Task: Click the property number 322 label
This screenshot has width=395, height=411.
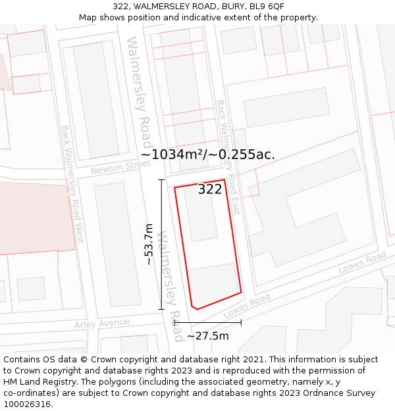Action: pyautogui.click(x=210, y=189)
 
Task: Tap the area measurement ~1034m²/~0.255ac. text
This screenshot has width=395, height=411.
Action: pyautogui.click(x=207, y=155)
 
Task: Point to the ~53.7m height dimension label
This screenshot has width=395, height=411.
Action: pyautogui.click(x=149, y=244)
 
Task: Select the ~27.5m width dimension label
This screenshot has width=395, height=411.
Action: pyautogui.click(x=208, y=336)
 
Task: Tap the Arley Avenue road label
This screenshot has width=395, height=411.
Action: pyautogui.click(x=101, y=323)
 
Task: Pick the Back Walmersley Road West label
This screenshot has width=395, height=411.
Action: pyautogui.click(x=72, y=184)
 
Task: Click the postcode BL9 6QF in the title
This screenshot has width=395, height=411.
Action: pyautogui.click(x=267, y=6)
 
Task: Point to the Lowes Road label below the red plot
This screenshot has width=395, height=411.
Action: pyautogui.click(x=247, y=306)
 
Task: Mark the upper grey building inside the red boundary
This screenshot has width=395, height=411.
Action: pyautogui.click(x=200, y=214)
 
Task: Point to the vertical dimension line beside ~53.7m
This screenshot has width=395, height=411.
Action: pyautogui.click(x=161, y=244)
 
